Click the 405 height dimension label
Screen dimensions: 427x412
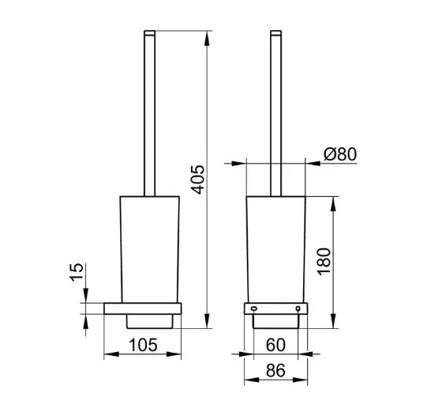pos(197,180)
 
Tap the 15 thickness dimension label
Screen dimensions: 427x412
pos(77,272)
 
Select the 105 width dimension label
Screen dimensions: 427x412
pos(143,345)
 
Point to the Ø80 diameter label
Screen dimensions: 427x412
pos(340,154)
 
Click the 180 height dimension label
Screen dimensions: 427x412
pos(324,262)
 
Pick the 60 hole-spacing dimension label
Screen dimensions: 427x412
pos(275,345)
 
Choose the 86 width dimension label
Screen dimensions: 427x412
pos(275,370)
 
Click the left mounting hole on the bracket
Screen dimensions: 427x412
pos(253,308)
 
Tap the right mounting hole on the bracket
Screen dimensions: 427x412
pos(298,308)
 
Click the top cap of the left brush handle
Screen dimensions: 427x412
pos(149,33)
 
